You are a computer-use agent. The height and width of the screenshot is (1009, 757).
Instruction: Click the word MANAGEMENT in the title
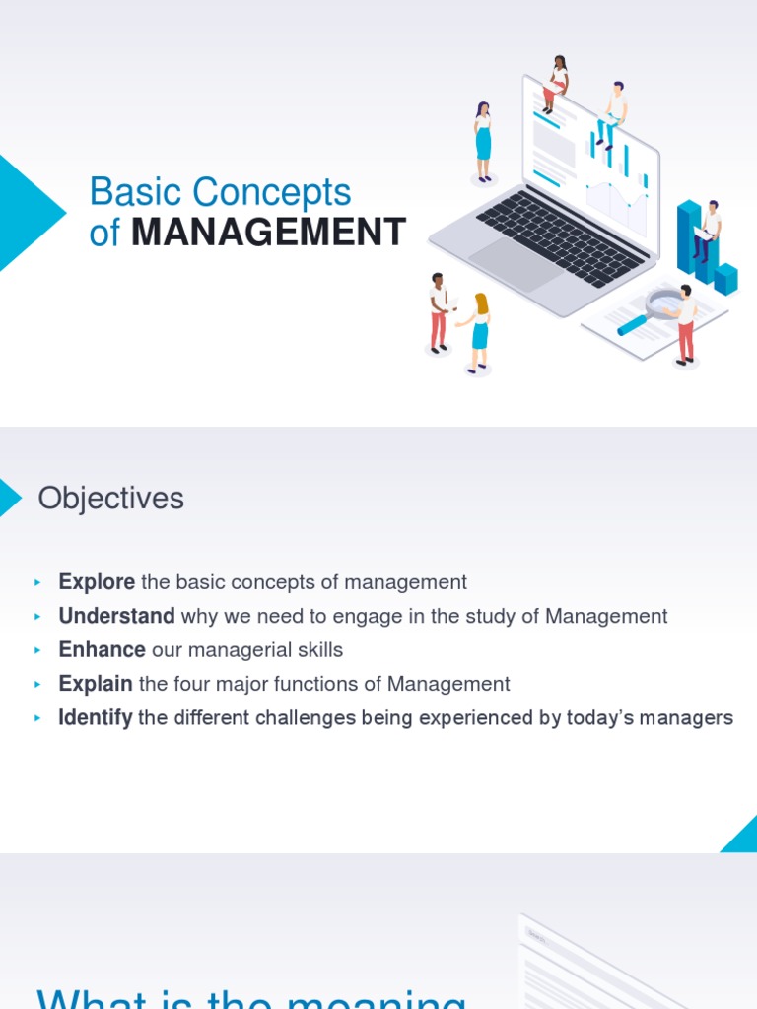point(268,233)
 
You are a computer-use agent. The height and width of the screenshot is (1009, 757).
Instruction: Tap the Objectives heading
point(110,499)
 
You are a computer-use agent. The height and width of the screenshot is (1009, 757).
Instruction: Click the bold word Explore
point(97,582)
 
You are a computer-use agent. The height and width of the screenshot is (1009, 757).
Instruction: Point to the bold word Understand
point(116,616)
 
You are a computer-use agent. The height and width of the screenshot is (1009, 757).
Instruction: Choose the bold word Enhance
point(102,650)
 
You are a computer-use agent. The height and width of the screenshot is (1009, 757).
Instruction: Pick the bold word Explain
point(96,684)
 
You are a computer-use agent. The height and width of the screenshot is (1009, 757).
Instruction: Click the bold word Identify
point(96,718)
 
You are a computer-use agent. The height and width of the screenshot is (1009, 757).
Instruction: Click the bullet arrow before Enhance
point(38,650)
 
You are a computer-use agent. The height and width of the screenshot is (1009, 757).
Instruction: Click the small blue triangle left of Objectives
point(9,498)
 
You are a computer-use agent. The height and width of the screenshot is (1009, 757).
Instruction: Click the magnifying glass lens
point(663,303)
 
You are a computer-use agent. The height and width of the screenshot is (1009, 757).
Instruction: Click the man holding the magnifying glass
point(685,323)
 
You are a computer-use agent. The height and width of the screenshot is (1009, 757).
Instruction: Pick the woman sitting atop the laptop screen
point(557,83)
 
